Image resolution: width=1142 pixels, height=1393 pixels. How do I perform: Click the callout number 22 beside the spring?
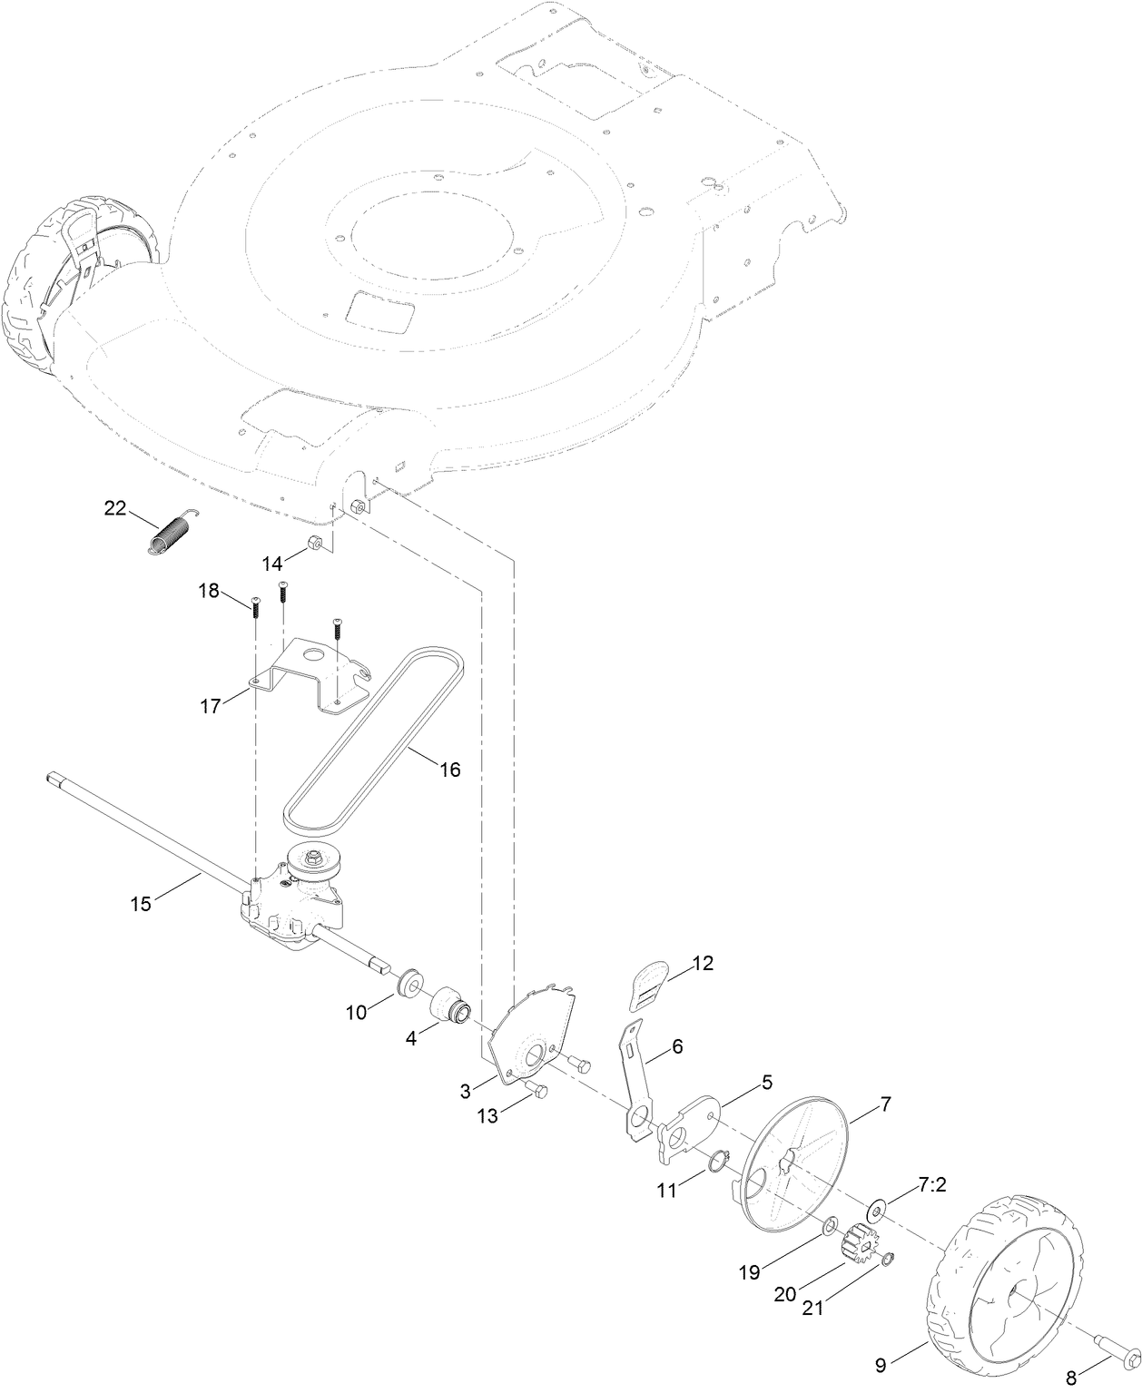pyautogui.click(x=115, y=508)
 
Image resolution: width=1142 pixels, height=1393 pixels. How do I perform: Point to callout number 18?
pyautogui.click(x=209, y=591)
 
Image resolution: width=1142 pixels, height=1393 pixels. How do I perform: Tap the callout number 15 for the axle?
pyautogui.click(x=140, y=903)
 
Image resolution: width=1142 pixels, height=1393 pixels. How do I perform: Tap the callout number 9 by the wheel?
pyautogui.click(x=880, y=1364)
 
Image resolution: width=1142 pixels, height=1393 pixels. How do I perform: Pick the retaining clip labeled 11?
pyautogui.click(x=719, y=1161)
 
